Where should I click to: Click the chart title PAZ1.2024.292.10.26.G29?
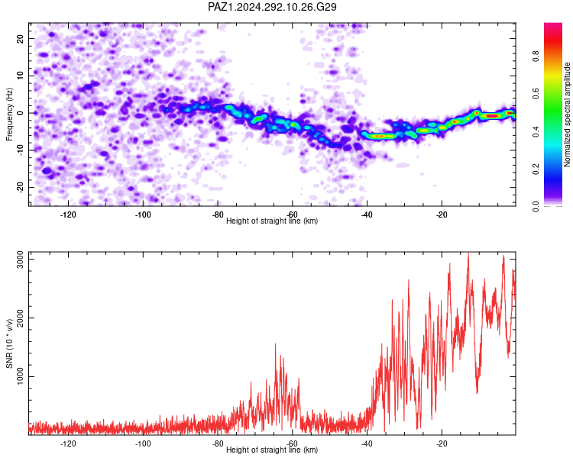(272, 7)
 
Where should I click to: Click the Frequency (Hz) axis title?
(9, 114)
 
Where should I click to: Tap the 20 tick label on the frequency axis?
(21, 38)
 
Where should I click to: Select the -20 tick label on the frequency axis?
(21, 187)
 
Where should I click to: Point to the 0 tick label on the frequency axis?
(21, 113)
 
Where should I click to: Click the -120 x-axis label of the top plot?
(67, 214)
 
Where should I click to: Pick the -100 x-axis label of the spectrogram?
(143, 214)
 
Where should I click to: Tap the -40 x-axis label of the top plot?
(367, 214)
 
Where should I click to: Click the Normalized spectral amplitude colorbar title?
(567, 114)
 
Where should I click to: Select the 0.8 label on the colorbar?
(536, 56)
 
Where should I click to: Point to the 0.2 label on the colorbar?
(536, 169)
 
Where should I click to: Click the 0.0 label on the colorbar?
(536, 206)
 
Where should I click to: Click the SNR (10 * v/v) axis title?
(9, 343)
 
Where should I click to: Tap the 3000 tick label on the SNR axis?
(21, 260)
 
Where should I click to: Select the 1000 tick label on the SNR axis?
(21, 376)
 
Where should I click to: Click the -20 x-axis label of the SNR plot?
(442, 443)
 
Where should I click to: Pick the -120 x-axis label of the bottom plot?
(67, 443)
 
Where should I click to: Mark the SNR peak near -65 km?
(275, 344)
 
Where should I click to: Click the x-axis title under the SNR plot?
(272, 450)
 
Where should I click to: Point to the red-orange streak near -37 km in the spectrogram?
(380, 136)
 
